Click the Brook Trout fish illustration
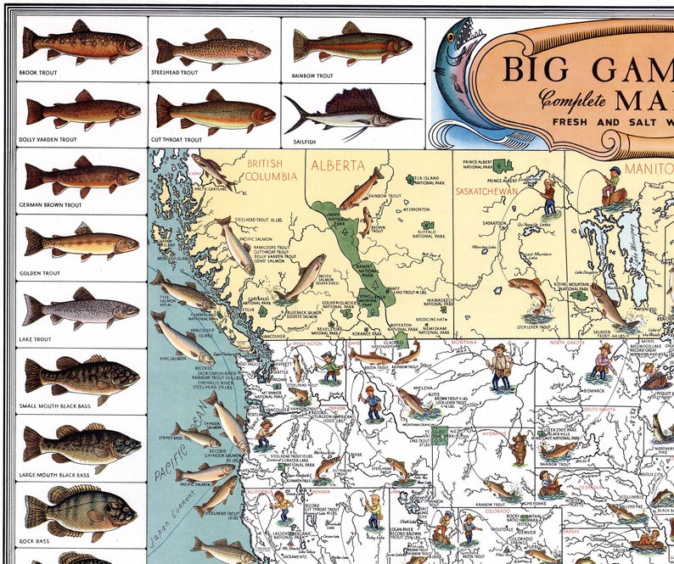coord(81,42)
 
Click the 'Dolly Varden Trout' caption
coord(48,139)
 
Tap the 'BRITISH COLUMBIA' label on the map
coord(272,169)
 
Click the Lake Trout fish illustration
coord(81,310)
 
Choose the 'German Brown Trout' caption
coord(50,205)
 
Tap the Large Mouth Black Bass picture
coord(81,442)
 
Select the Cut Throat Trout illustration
coord(215,111)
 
